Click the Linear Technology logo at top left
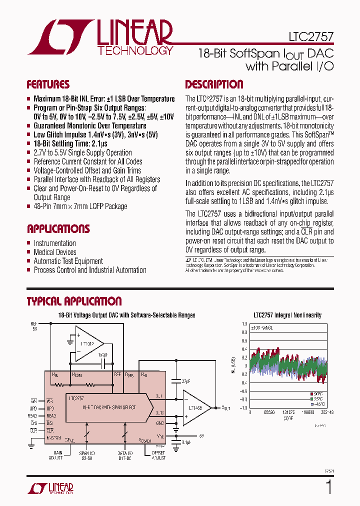click(x=100, y=37)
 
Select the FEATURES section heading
click(x=48, y=84)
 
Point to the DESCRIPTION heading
click(x=214, y=84)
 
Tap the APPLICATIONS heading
click(x=58, y=229)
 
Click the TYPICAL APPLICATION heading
click(x=74, y=301)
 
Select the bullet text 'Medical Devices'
click(x=55, y=252)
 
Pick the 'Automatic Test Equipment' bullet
click(x=68, y=261)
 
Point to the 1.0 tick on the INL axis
click(x=244, y=324)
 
